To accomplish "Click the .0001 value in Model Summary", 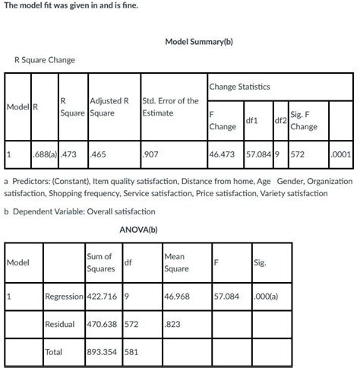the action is point(341,154).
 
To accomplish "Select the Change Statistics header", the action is point(241,87).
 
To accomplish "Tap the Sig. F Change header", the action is point(303,120).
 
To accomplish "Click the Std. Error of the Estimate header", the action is point(170,106).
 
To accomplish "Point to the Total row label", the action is point(55,352).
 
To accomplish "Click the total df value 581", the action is point(130,352).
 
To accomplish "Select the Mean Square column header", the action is point(176,262).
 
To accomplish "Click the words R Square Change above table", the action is point(44,59).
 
